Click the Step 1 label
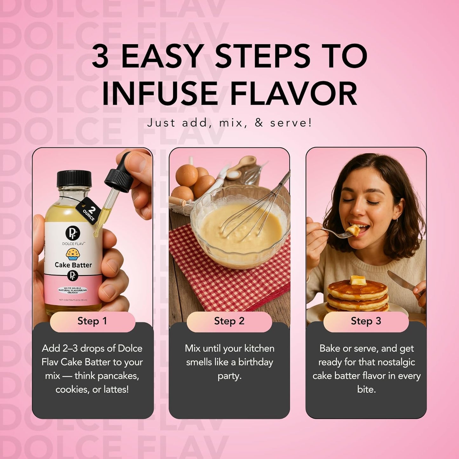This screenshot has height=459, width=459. tap(92, 321)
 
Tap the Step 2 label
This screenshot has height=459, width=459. tap(229, 321)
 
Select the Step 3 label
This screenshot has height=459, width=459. tap(366, 321)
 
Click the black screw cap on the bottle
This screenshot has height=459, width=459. tap(74, 179)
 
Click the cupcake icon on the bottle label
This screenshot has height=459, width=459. tap(73, 254)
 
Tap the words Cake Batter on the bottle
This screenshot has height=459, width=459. tap(73, 265)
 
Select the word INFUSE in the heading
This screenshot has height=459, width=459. tap(159, 94)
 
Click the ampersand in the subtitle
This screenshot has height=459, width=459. tap(259, 123)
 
